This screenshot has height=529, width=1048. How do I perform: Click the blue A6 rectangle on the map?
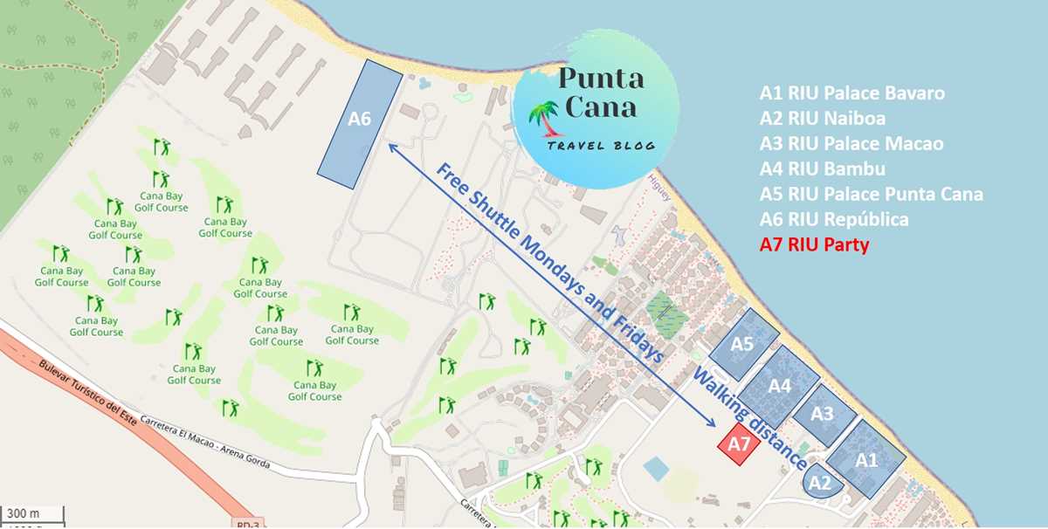point(360,123)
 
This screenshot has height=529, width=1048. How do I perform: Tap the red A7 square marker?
point(739,444)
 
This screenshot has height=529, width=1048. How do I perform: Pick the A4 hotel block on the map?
point(780,384)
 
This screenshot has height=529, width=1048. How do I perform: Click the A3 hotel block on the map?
point(822,415)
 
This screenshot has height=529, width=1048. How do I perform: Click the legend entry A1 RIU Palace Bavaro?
point(851,93)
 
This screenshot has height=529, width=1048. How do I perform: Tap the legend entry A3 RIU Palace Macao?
point(851,143)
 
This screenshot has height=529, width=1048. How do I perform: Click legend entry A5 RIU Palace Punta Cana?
point(871,194)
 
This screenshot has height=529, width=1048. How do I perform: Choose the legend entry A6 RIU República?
point(833,219)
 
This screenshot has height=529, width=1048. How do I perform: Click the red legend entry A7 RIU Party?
point(814,245)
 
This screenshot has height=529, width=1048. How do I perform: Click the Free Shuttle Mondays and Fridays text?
point(550,262)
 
